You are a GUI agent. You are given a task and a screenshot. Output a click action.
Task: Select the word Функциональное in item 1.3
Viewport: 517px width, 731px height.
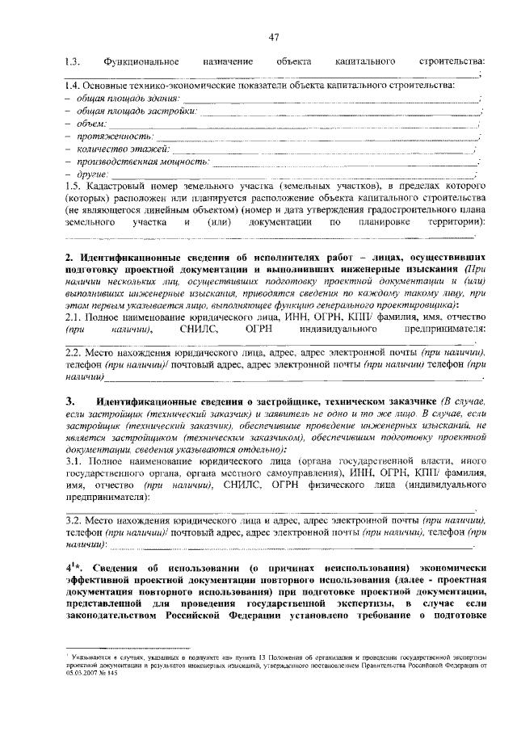coord(138,62)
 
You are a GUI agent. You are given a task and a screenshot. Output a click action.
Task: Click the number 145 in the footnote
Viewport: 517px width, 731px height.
coord(112,674)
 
